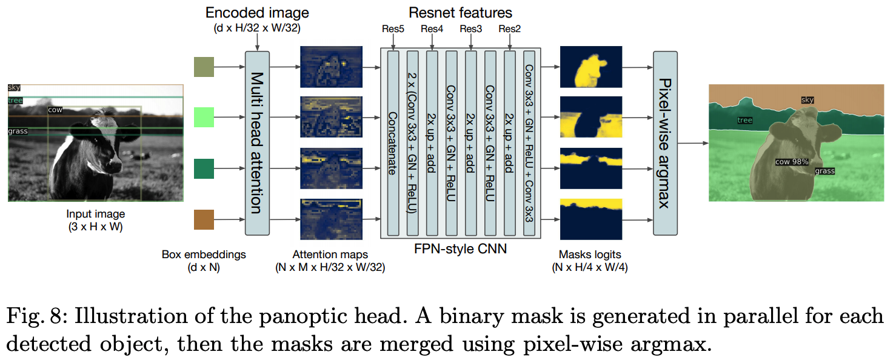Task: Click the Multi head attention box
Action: click(257, 143)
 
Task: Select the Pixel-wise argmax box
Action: click(665, 143)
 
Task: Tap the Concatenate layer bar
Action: click(393, 143)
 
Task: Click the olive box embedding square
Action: click(204, 67)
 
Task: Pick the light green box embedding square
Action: click(204, 117)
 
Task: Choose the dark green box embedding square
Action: click(204, 168)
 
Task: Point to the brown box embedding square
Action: click(204, 219)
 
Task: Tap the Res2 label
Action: click(510, 28)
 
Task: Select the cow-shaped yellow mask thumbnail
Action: click(591, 67)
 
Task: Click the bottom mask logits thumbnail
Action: click(591, 219)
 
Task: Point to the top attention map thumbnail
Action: click(330, 67)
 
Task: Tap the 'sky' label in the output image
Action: click(807, 100)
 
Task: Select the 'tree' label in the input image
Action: click(15, 100)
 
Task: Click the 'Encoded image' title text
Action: click(257, 13)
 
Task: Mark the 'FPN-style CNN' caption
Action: click(460, 248)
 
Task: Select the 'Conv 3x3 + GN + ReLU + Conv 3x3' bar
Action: click(529, 143)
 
